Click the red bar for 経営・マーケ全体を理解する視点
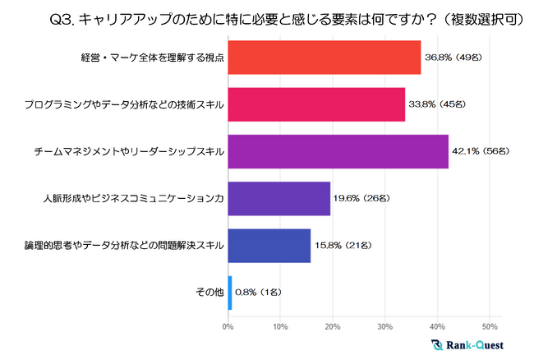325,58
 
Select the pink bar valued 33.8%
316,104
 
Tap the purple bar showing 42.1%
338,151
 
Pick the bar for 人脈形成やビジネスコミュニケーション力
279,198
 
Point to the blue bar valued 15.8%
269,245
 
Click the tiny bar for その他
230,292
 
